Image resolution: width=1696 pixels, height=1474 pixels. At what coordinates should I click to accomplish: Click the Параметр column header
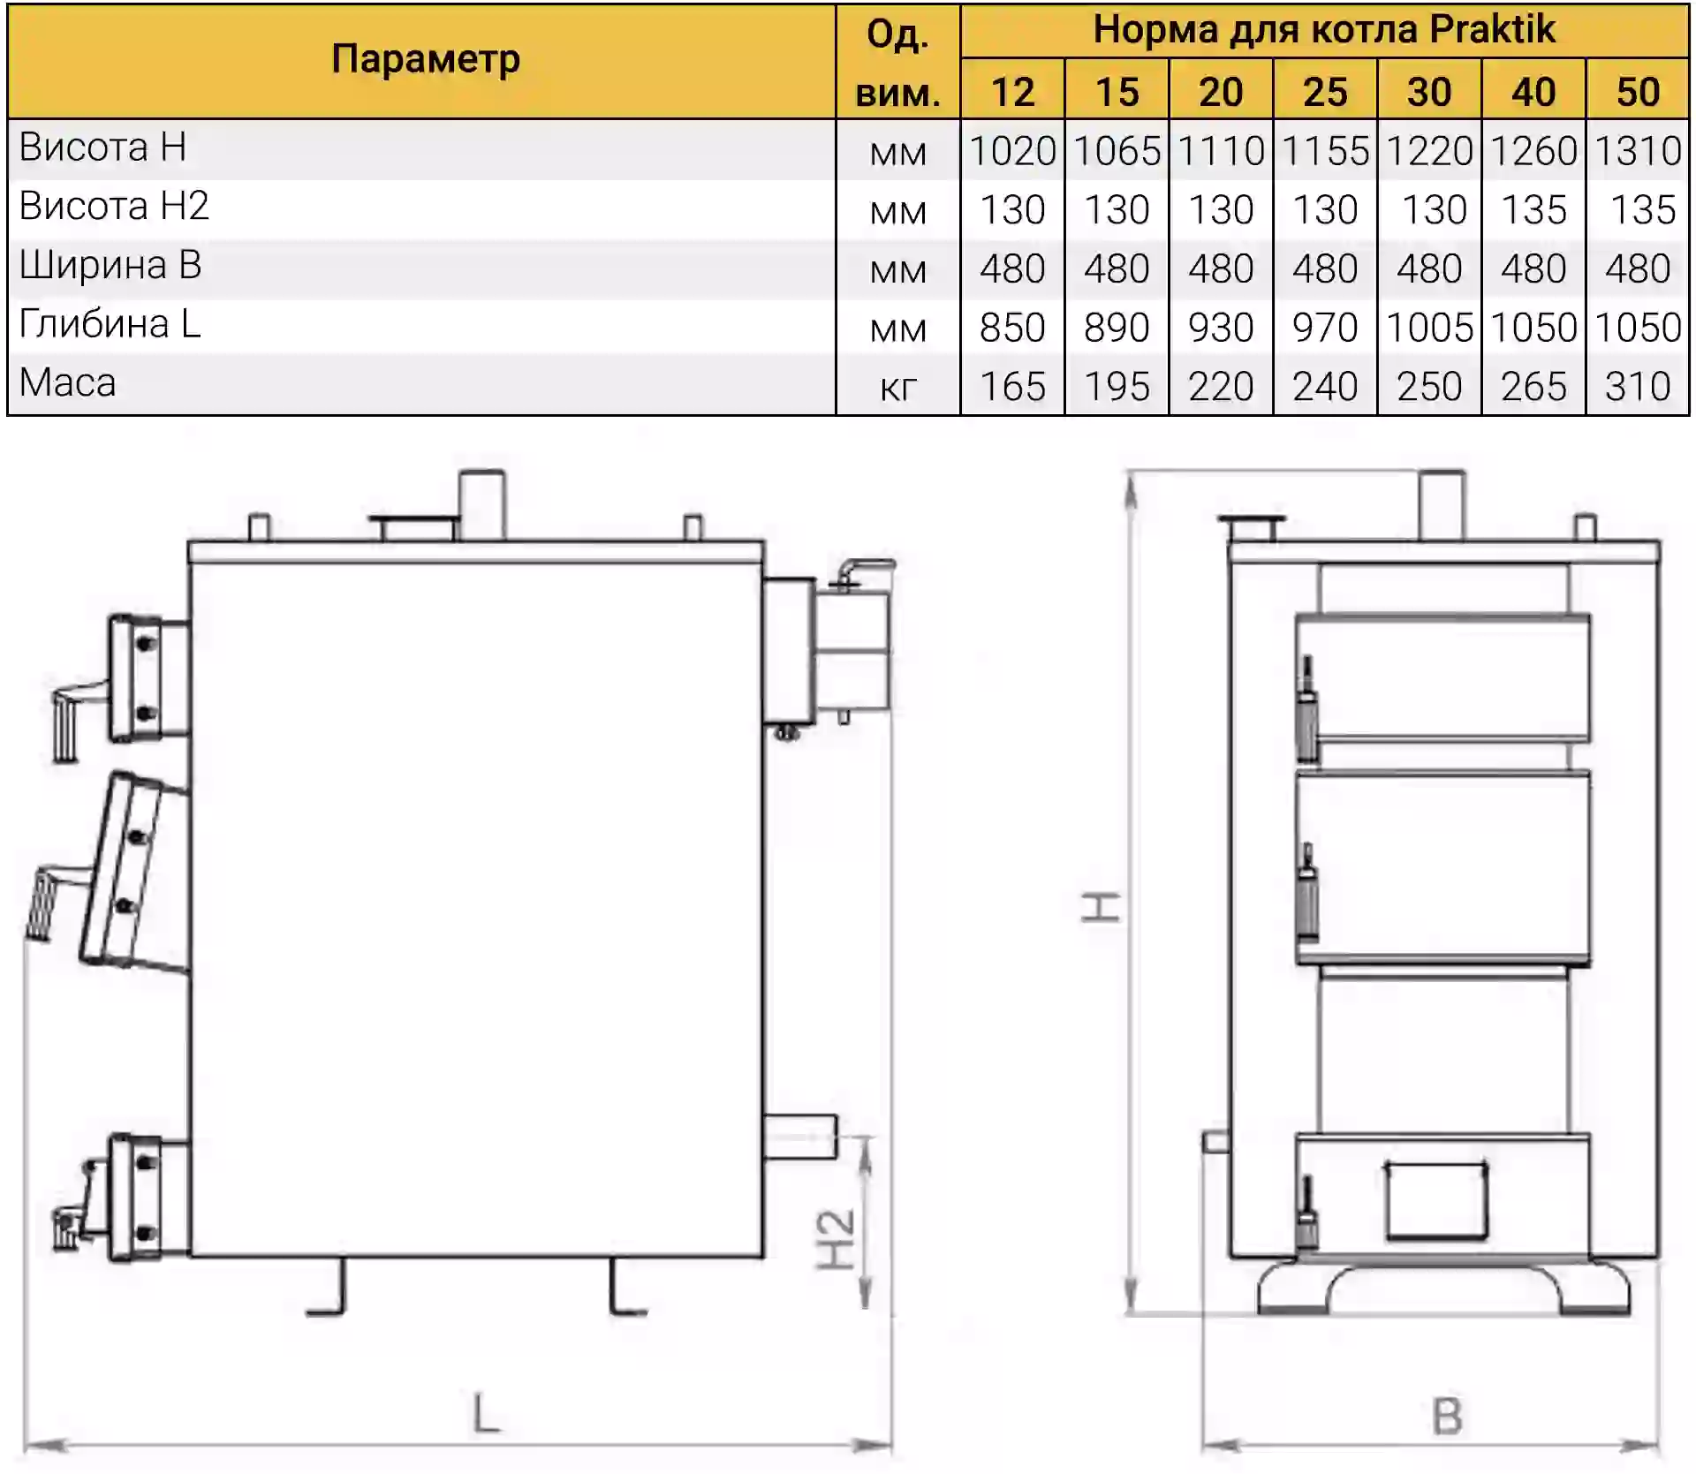tap(425, 60)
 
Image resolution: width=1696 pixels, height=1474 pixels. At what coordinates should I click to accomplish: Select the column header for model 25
tap(1325, 92)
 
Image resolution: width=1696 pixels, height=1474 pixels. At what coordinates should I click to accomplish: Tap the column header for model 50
tap(1638, 92)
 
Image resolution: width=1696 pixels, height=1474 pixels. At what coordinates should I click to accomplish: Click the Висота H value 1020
tap(1012, 151)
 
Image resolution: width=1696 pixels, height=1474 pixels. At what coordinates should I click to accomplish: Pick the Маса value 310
tap(1638, 387)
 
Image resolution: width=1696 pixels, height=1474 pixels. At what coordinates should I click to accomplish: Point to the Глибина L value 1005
tap(1429, 328)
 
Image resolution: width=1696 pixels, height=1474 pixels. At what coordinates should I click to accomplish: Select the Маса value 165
tap(1012, 387)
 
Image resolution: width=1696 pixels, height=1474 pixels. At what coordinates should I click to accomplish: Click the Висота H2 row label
tap(114, 206)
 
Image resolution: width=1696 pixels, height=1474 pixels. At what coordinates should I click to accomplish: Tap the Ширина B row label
tap(110, 265)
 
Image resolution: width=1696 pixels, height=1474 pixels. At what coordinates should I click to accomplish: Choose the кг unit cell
tap(898, 388)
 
